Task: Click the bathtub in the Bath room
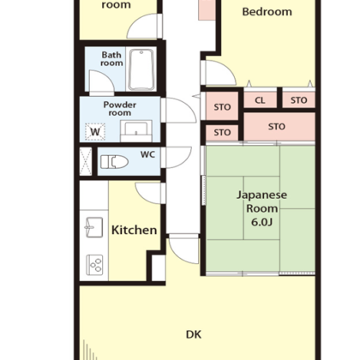141,70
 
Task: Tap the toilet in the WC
114,162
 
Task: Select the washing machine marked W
95,132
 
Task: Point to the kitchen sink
94,227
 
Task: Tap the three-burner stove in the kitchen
94,265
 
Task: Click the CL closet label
260,100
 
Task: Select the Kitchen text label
134,230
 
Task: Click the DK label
194,334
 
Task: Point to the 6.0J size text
261,222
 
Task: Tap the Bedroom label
267,12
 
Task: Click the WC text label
147,154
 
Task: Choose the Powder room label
120,109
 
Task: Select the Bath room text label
111,58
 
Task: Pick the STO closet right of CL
299,100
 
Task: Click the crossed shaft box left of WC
86,161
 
